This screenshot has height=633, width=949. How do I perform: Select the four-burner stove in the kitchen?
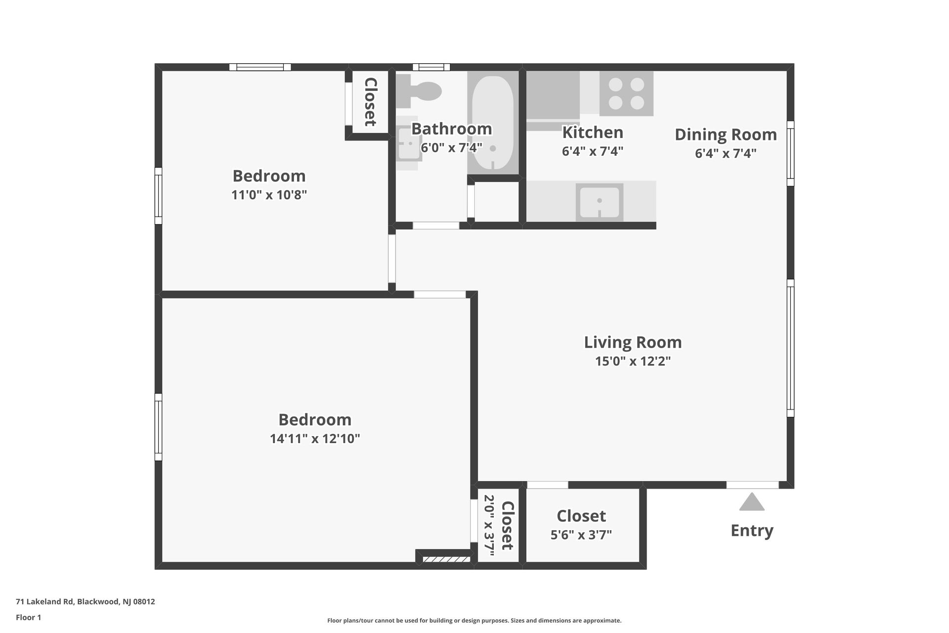tap(626, 93)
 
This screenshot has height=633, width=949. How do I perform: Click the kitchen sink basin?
tap(599, 202)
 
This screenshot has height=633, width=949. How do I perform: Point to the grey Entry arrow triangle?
tap(752, 502)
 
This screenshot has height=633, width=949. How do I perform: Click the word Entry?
tap(752, 531)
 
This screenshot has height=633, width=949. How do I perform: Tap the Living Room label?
tap(633, 342)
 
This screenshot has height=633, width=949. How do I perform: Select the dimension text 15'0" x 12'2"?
tap(633, 362)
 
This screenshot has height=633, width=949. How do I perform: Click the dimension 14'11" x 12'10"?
tap(315, 439)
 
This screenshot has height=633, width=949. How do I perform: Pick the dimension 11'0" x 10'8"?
tap(269, 195)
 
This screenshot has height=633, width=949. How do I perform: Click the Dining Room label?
tap(726, 135)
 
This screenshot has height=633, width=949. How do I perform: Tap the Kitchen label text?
tap(593, 133)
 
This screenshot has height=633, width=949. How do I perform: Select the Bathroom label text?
tap(451, 129)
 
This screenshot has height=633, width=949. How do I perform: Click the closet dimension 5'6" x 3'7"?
tap(581, 535)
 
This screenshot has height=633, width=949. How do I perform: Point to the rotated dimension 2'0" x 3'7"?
tap(489, 525)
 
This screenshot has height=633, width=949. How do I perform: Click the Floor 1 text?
tap(28, 617)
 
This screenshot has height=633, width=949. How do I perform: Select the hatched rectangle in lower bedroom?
tap(446, 559)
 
